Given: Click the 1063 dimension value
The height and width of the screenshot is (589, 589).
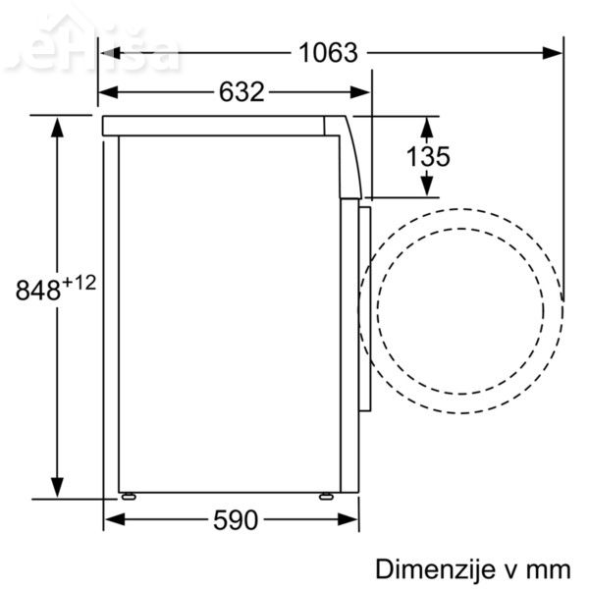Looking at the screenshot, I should click(x=328, y=53).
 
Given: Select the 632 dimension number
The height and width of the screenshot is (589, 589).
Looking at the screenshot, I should click(x=241, y=92).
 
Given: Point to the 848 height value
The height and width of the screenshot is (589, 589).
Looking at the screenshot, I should click(x=38, y=290).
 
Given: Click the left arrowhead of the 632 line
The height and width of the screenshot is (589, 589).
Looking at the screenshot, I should click(x=109, y=92).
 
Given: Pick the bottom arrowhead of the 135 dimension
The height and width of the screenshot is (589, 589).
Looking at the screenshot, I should click(x=427, y=187).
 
